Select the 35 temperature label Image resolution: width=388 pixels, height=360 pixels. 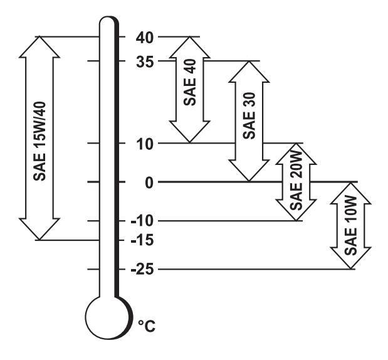coord(145,61)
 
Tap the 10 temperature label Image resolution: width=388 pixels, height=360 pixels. coord(144,143)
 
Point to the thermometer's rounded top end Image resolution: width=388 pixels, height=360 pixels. coord(108,22)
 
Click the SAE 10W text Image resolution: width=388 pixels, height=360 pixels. coord(350,226)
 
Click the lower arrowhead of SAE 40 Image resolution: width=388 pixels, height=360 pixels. coord(191,133)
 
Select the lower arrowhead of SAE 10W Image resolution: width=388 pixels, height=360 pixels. coord(350,260)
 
